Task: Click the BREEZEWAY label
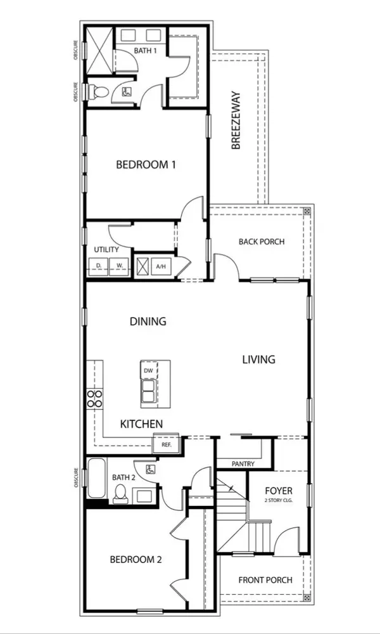click(x=236, y=121)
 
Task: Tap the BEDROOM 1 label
click(x=146, y=165)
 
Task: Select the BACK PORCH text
click(x=262, y=242)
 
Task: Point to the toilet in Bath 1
click(x=96, y=92)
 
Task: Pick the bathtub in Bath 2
click(x=96, y=478)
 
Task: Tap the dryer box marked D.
click(x=98, y=266)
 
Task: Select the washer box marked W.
click(x=118, y=266)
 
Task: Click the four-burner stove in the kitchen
click(x=95, y=398)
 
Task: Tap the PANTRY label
click(x=243, y=464)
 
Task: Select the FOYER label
click(x=279, y=491)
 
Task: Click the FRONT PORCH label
click(x=265, y=580)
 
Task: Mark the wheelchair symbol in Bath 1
click(x=126, y=92)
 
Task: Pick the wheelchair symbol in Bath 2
click(x=150, y=469)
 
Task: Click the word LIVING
click(x=259, y=359)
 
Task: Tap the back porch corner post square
click(x=307, y=211)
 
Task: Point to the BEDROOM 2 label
click(x=136, y=560)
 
